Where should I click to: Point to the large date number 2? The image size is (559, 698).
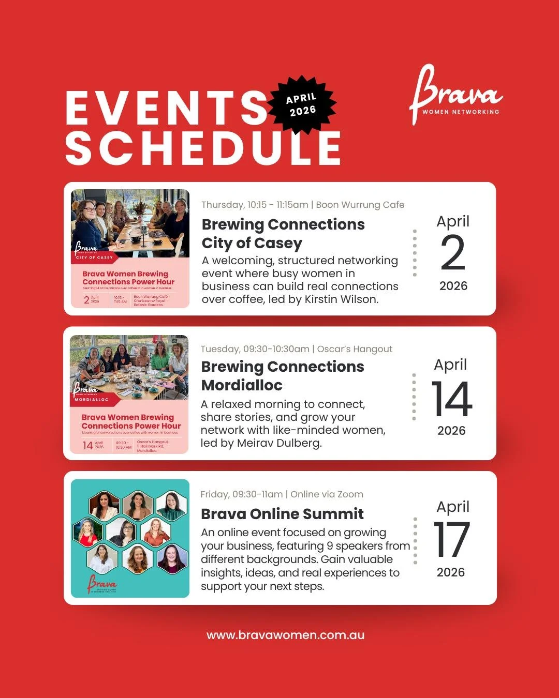pos(453,253)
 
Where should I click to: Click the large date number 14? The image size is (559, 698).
pos(452,399)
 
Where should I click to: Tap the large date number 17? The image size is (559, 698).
pos(451,540)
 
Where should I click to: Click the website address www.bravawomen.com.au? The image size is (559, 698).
pos(285,635)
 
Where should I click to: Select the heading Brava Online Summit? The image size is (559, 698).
pos(282,513)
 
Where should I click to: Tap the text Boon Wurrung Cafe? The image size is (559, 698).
pos(360,205)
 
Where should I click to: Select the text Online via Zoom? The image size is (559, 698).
pos(327,494)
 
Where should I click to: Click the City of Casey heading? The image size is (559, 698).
pos(252,243)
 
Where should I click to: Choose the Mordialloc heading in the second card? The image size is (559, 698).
pos(242,385)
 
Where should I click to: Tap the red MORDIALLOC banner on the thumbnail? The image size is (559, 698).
pos(93,400)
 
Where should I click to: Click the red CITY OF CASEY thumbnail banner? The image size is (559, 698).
pos(94,257)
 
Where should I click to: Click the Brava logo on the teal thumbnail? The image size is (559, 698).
pos(102,583)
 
